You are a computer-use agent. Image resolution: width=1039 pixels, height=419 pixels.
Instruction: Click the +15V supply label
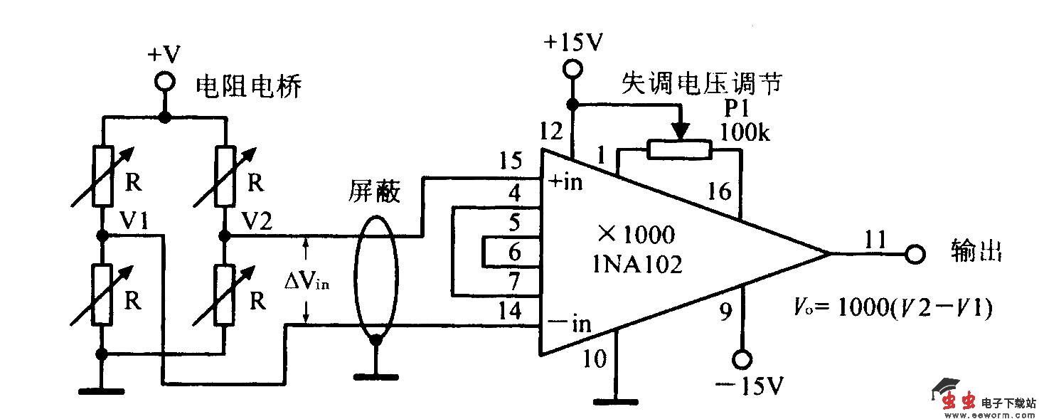pyautogui.click(x=573, y=41)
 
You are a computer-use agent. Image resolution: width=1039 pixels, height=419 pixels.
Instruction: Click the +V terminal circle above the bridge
pyautogui.click(x=165, y=83)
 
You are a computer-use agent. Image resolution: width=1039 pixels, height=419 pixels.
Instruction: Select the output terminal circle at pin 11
pyautogui.click(x=915, y=254)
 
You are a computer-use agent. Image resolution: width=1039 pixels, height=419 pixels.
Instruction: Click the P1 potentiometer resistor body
pyautogui.click(x=679, y=149)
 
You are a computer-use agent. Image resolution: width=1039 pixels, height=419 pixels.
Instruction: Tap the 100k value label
pyautogui.click(x=745, y=133)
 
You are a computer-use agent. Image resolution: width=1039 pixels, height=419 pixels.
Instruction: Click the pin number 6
pyautogui.click(x=514, y=252)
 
